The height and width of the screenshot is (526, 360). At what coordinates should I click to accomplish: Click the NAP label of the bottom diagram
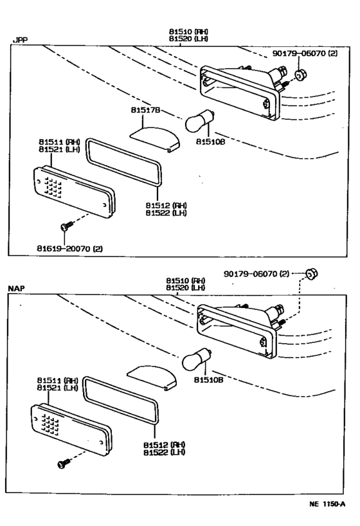(17, 289)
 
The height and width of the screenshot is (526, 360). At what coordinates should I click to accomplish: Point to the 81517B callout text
(147, 111)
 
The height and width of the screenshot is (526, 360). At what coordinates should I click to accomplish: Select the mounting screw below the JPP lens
(65, 226)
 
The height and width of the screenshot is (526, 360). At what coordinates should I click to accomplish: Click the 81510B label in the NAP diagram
(210, 381)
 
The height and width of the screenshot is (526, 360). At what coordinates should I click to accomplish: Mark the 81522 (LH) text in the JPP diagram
(165, 213)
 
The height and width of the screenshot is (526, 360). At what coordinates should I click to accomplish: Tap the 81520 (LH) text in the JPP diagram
(188, 39)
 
